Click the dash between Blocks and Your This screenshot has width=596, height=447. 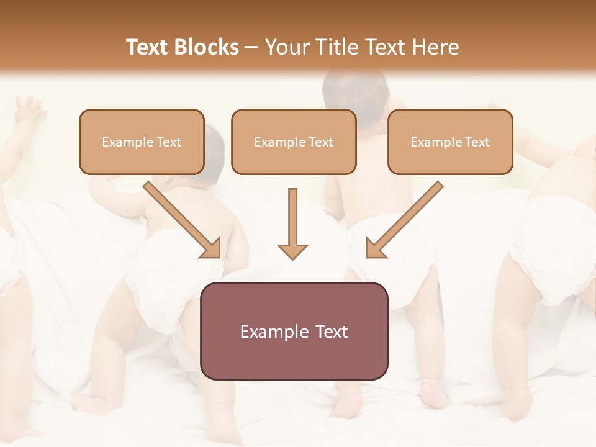click(x=251, y=48)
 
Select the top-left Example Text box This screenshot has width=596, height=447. click(x=142, y=142)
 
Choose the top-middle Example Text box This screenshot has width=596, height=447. click(x=294, y=142)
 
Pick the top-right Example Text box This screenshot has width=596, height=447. click(x=450, y=142)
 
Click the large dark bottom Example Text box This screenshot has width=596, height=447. click(x=294, y=331)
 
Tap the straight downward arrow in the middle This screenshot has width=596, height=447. click(x=292, y=220)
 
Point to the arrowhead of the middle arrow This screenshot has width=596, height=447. click(x=292, y=251)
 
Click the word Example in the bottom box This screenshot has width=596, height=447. click(x=270, y=332)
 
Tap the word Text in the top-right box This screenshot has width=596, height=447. click(x=477, y=142)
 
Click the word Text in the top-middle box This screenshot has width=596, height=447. click(x=320, y=142)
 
